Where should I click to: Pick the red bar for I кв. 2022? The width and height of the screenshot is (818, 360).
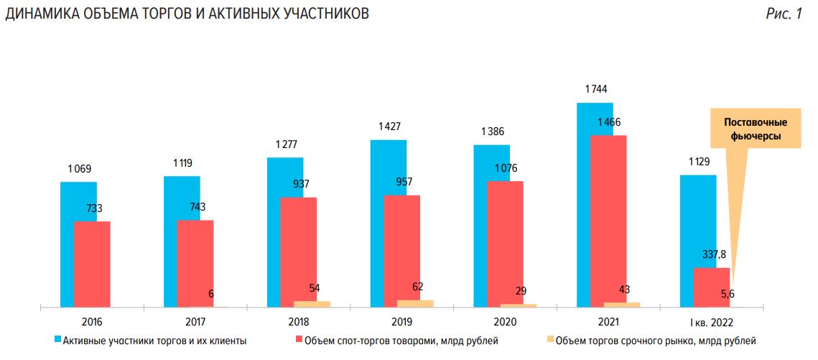712,287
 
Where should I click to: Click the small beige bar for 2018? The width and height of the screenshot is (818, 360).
312,304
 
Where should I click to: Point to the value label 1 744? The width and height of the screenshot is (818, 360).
596,89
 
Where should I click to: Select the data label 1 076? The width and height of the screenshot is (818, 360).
505,168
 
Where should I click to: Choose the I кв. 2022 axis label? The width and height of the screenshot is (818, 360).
712,321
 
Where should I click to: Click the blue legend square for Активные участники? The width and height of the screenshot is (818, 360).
57,340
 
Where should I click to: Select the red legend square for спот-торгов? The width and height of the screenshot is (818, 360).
299,340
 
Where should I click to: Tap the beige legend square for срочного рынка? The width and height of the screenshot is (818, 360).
552,340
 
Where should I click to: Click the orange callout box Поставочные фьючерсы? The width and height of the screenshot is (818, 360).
756,129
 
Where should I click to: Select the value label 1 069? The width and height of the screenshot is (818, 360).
80,170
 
